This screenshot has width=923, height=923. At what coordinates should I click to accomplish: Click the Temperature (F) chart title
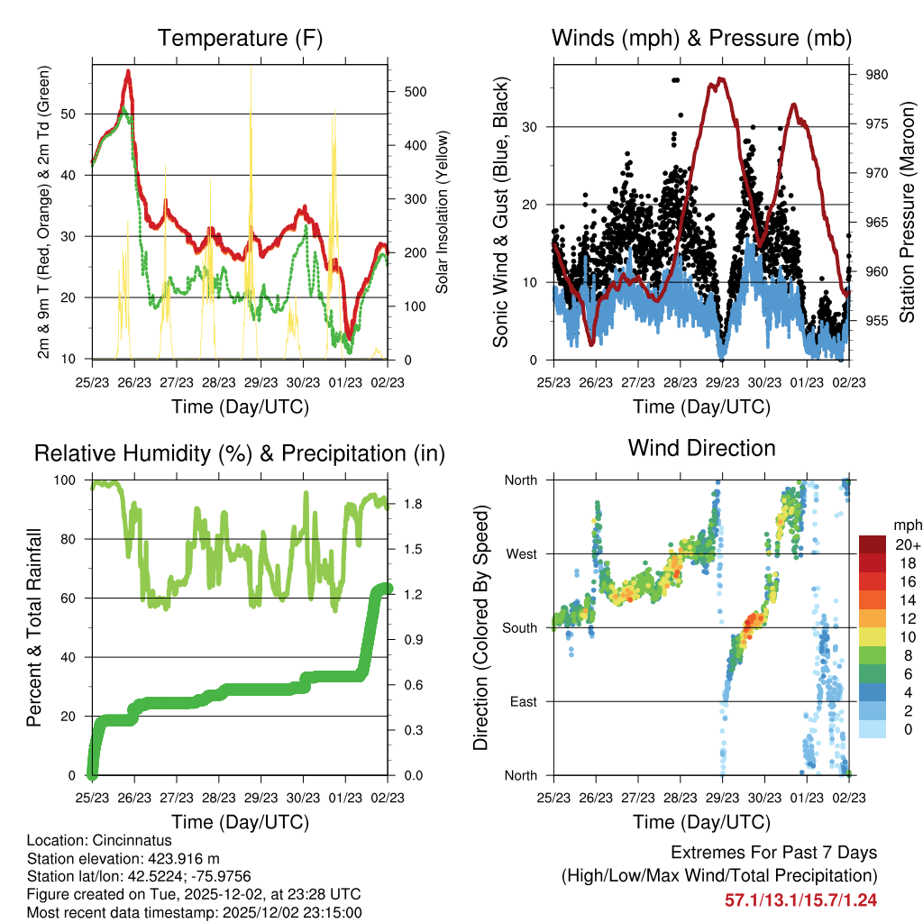click(x=240, y=39)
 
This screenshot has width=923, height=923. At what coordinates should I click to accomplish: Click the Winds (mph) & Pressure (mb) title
click(x=701, y=39)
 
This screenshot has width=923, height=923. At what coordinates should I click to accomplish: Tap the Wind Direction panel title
click(x=701, y=448)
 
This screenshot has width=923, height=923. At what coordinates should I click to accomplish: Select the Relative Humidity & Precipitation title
click(x=240, y=453)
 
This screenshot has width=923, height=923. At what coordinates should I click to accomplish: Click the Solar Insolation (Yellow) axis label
click(x=442, y=213)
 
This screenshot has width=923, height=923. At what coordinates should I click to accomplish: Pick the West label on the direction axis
click(x=520, y=553)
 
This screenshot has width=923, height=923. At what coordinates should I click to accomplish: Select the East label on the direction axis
click(x=522, y=701)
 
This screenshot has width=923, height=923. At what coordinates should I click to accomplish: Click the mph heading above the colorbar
click(x=906, y=525)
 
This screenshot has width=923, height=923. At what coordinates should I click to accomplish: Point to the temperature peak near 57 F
click(x=129, y=71)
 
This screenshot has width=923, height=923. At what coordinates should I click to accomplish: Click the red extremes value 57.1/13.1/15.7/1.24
click(x=800, y=900)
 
